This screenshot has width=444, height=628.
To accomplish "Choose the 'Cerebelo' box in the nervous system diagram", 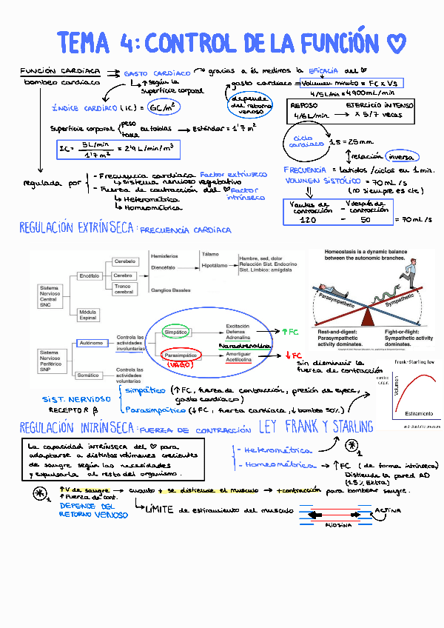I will [126, 261].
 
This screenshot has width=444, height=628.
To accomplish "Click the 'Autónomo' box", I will [91, 342].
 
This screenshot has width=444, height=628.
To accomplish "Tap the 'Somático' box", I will [88, 375].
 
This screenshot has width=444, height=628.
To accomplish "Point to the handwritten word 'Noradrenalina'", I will [243, 346].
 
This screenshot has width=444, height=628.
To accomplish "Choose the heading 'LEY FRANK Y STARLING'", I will [316, 427].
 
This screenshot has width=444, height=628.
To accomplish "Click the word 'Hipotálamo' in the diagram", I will [214, 264].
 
